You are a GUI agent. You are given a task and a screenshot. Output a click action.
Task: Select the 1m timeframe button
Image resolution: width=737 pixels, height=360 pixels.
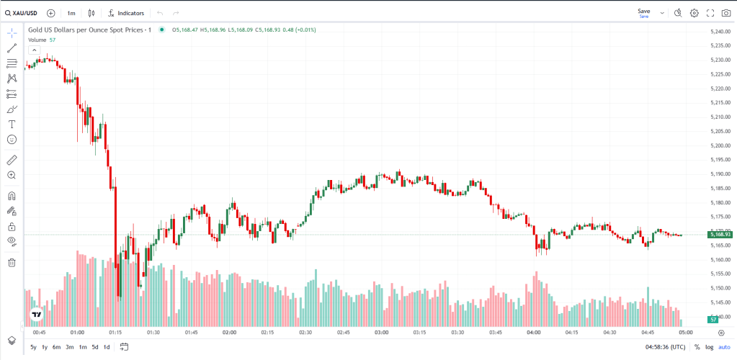(x=71, y=13)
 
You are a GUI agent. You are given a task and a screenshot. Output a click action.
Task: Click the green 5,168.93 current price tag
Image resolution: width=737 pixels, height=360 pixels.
(x=720, y=234)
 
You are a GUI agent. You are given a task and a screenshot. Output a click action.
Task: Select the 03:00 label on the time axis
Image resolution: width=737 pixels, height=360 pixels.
(x=382, y=333)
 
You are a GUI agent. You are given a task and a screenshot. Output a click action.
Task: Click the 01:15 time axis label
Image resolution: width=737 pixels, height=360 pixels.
(x=115, y=333)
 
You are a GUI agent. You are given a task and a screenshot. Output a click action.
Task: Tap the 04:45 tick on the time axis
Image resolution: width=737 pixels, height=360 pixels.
(x=648, y=333)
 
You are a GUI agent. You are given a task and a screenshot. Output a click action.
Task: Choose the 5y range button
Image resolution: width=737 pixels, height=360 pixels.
(x=33, y=347)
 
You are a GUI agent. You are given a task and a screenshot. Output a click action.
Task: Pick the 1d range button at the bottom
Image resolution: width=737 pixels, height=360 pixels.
(x=107, y=347)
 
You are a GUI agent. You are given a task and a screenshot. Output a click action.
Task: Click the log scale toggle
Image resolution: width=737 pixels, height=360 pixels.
(x=709, y=347)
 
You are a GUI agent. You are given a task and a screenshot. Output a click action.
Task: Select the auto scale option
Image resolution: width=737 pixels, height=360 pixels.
(x=723, y=347)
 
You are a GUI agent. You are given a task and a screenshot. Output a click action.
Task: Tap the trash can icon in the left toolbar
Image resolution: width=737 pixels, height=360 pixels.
(x=12, y=262)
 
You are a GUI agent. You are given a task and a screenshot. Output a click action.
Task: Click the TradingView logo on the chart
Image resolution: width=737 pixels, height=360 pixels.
(x=36, y=315)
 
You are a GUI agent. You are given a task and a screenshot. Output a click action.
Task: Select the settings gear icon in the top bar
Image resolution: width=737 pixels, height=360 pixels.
(x=694, y=13)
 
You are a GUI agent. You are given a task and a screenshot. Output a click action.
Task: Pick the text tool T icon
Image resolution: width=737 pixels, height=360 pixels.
(x=12, y=124)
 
